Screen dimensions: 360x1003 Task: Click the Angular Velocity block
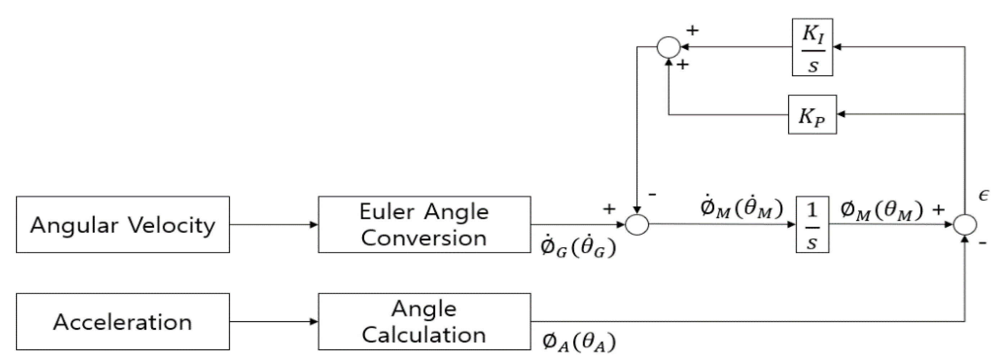tap(123, 225)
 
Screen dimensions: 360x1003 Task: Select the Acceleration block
tap(123, 322)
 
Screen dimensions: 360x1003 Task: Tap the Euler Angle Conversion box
tap(424, 225)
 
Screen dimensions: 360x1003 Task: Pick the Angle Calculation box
tap(424, 322)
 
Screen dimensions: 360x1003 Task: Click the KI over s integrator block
tap(812, 47)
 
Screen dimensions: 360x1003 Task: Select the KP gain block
tap(812, 115)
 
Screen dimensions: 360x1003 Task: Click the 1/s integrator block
tap(812, 225)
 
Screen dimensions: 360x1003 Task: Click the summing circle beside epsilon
tap(965, 225)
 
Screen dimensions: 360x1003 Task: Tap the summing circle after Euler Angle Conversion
tap(637, 225)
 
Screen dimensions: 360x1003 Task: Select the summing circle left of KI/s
tap(669, 47)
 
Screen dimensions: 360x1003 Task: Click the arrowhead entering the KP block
tap(841, 114)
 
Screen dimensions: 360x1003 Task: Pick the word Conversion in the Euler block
tap(424, 238)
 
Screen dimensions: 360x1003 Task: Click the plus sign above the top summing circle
tap(692, 30)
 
